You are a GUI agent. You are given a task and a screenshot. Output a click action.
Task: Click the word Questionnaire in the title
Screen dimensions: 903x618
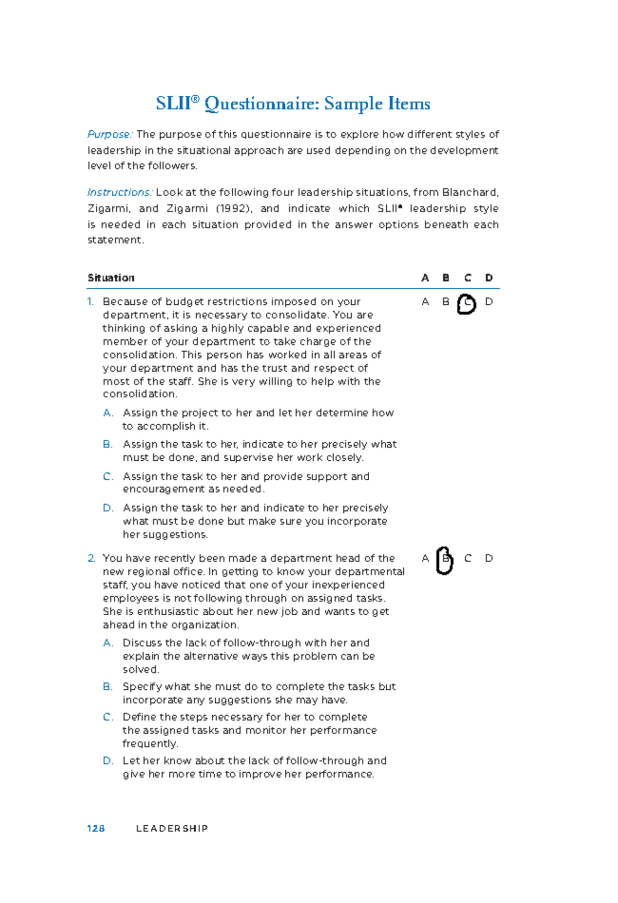[262, 105]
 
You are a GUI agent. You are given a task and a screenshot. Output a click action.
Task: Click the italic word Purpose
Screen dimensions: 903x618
[110, 134]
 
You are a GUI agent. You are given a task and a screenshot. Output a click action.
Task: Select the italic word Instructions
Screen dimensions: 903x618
[119, 193]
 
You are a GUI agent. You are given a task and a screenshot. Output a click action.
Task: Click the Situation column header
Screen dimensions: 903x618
[111, 278]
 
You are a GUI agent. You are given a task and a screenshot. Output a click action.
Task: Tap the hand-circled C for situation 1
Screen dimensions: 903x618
[467, 304]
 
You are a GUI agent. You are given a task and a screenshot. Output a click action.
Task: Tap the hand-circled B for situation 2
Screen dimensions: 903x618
[445, 560]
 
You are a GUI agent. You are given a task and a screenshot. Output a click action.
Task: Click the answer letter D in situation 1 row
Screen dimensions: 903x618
[489, 302]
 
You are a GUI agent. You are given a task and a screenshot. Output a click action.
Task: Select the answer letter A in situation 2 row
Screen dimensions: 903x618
[425, 558]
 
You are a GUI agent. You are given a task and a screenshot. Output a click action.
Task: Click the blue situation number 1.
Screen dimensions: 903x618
[91, 302]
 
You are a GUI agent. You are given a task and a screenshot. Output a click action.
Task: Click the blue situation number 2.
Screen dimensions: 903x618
[91, 558]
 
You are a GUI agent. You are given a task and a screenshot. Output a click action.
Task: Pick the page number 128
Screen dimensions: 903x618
[96, 828]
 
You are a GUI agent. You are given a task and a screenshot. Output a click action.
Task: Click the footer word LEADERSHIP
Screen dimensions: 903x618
[172, 828]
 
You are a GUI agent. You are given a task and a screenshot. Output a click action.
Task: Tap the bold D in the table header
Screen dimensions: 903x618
[489, 278]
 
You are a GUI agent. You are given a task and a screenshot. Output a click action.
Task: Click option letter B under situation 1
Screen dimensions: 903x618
[107, 444]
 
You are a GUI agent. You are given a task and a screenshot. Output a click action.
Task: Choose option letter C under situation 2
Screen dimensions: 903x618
[108, 717]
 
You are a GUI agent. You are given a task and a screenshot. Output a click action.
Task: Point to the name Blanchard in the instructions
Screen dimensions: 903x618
[470, 193]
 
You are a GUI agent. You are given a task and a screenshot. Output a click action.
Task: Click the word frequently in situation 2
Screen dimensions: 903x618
[150, 744]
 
